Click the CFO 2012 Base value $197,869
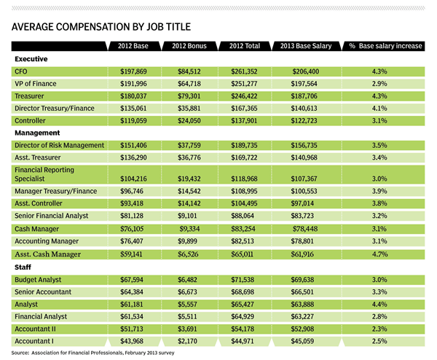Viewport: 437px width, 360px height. click(133, 71)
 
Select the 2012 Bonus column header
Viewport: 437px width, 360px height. click(189, 46)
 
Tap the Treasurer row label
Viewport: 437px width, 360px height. click(29, 96)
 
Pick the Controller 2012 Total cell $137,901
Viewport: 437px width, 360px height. click(244, 121)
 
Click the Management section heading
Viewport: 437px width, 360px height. click(37, 133)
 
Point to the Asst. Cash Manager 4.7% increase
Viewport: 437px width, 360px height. click(379, 254)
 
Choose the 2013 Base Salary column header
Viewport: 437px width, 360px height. click(306, 46)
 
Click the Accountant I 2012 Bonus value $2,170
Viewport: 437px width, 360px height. click(187, 341)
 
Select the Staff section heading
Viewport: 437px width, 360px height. click(23, 267)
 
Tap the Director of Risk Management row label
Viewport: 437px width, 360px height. click(60, 145)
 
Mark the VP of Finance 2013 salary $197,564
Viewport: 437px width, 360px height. click(304, 84)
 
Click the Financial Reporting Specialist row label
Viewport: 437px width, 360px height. click(44, 174)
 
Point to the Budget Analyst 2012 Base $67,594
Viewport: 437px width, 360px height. click(132, 280)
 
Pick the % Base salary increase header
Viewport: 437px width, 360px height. click(386, 46)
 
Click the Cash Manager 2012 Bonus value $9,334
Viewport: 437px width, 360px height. click(189, 229)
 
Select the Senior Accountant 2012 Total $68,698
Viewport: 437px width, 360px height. click(243, 292)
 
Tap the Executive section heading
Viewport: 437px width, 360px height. click(31, 59)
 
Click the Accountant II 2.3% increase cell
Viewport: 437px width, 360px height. click(379, 329)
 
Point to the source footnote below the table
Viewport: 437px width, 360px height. click(92, 353)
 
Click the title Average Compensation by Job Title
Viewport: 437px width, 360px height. click(101, 27)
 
